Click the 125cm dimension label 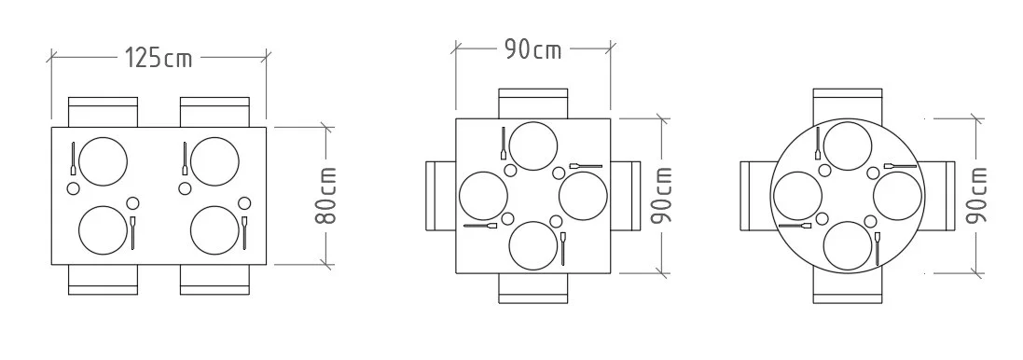point(159,58)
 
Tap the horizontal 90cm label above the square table point(533,49)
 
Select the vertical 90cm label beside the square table point(662,196)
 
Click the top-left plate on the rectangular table point(103,159)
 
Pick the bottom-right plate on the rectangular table point(214,229)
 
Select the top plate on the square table point(532,145)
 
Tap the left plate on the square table point(484,196)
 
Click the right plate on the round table point(897,196)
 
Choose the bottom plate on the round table point(849,245)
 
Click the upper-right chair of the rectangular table point(214,110)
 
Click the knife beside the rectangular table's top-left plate point(72,159)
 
